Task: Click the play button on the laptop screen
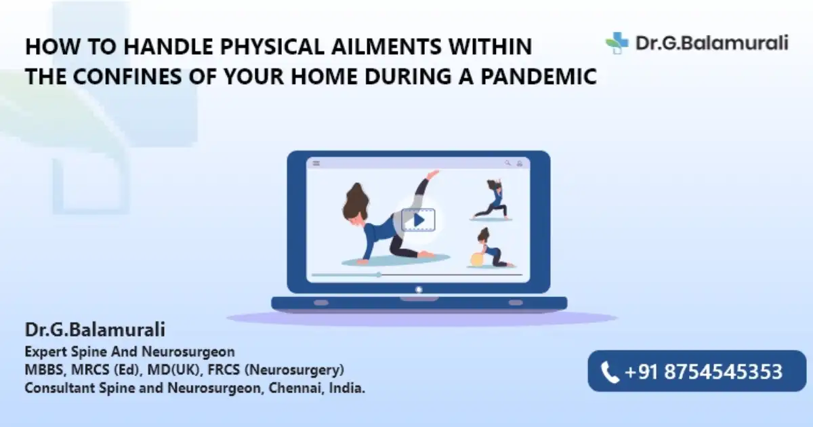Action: (418, 220)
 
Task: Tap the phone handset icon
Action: (610, 372)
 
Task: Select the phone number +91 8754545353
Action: (703, 371)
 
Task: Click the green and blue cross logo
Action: (617, 43)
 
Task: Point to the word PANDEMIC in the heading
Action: (539, 76)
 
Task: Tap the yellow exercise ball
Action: (476, 259)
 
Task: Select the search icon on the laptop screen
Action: (507, 163)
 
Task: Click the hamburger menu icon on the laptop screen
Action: (316, 163)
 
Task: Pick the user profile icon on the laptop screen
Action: (520, 163)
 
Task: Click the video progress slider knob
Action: (379, 275)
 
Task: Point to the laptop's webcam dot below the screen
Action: (419, 290)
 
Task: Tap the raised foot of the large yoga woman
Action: (433, 174)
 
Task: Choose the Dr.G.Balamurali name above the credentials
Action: (95, 329)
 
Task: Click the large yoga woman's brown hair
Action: (356, 202)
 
